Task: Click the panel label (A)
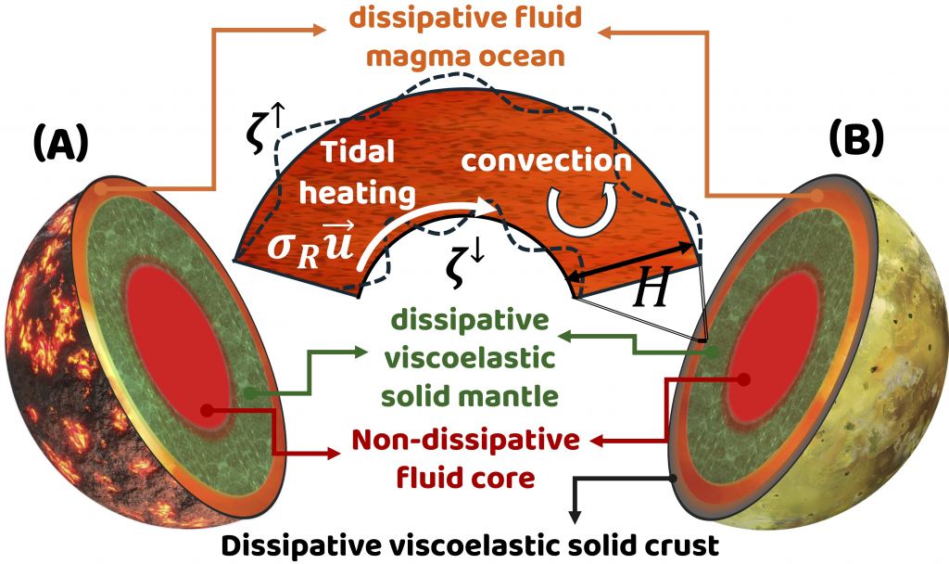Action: [61, 144]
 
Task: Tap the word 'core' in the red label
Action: [509, 479]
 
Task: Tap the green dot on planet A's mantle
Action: [252, 394]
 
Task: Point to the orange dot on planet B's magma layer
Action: [817, 196]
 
